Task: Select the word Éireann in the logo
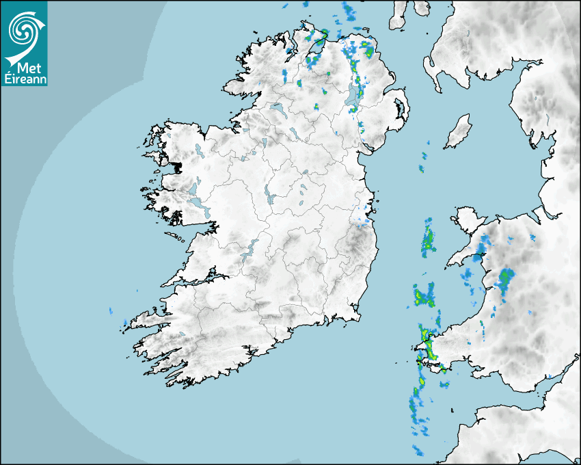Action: (25, 79)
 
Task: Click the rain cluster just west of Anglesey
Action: (429, 239)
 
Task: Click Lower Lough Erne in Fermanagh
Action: (278, 109)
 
